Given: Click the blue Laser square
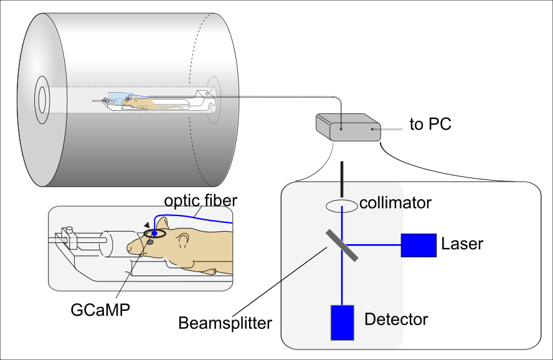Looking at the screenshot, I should (x=418, y=245).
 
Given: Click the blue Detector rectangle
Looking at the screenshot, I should (x=343, y=323).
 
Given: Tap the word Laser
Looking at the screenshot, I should (x=462, y=244).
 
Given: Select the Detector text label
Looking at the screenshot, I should (x=396, y=320).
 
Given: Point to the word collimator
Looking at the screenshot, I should (x=395, y=203).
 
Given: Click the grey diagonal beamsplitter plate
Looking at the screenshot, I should (x=342, y=245).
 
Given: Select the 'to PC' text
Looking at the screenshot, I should (x=430, y=125).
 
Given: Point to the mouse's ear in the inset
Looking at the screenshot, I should (x=163, y=224).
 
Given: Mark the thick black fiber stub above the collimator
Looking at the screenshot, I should (x=342, y=178).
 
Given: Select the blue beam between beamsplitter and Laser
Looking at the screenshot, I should (x=374, y=245).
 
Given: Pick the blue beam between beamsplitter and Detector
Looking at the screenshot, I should (x=343, y=280).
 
